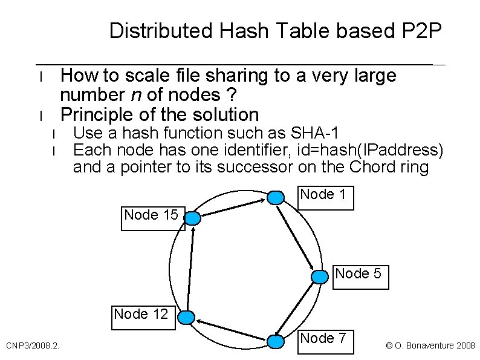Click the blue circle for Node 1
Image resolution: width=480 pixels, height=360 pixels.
pyautogui.click(x=276, y=197)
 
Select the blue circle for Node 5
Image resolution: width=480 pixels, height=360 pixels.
pyautogui.click(x=319, y=277)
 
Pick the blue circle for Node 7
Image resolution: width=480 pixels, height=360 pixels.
pyautogui.click(x=276, y=342)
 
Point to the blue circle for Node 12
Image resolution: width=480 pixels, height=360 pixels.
pyautogui.click(x=187, y=317)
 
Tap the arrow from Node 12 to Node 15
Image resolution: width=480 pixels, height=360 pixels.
pyautogui.click(x=190, y=268)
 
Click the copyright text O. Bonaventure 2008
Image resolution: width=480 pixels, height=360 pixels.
pyautogui.click(x=430, y=345)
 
